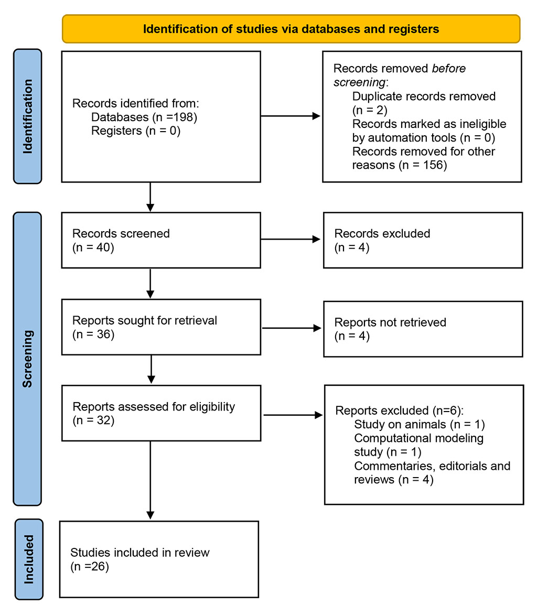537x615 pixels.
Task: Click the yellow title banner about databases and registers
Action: tap(291, 29)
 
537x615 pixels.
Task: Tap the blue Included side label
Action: tap(28, 559)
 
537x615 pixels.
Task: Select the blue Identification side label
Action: tap(28, 116)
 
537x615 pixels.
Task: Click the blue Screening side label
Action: tap(28, 359)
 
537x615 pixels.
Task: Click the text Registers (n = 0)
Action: tap(135, 131)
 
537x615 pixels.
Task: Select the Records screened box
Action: tap(161, 240)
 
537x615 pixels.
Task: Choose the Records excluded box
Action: tap(423, 240)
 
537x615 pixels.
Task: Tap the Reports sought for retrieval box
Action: tap(161, 327)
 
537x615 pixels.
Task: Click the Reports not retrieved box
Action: tap(423, 329)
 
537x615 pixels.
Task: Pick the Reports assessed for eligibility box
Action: tap(161, 413)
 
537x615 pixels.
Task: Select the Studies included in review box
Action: tap(159, 559)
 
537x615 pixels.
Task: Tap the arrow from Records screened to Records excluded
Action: tap(291, 240)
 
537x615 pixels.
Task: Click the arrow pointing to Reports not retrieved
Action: tap(292, 328)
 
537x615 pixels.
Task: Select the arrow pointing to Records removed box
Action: tap(291, 116)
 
